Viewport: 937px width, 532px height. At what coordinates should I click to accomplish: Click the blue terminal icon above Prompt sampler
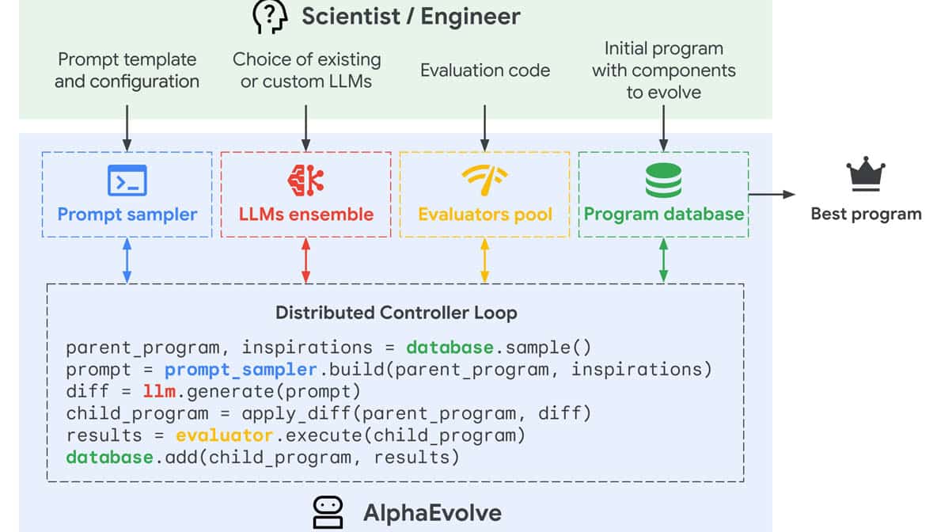click(127, 180)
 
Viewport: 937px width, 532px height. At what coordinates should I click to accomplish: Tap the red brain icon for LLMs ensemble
click(305, 180)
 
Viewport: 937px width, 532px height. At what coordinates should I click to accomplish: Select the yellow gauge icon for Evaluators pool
click(484, 180)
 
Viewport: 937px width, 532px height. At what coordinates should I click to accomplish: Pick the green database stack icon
click(663, 180)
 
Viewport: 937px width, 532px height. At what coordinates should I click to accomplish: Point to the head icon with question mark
click(269, 16)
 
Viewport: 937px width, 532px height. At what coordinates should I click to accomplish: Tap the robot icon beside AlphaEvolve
click(328, 512)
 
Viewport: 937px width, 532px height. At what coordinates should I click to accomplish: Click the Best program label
click(866, 214)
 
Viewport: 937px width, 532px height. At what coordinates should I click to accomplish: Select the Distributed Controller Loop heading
click(396, 313)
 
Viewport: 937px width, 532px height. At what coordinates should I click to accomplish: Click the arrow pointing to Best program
click(772, 194)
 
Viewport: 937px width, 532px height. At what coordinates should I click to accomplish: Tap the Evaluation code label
click(484, 70)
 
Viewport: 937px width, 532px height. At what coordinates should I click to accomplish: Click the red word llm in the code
click(159, 391)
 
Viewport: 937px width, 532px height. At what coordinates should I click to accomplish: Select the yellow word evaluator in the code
click(224, 435)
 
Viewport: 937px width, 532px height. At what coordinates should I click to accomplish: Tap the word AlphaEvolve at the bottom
click(432, 512)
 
